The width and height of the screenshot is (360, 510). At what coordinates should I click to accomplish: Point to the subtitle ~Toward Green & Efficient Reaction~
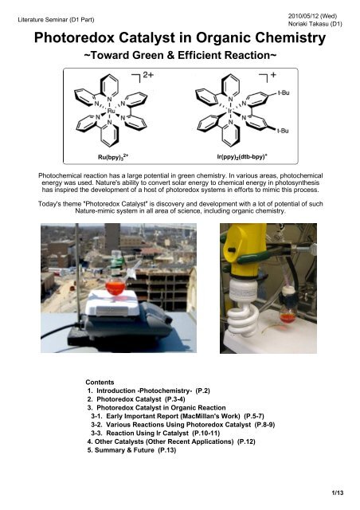[x=180, y=57]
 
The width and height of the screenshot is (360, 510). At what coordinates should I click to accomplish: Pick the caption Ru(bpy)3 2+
[x=111, y=159]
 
